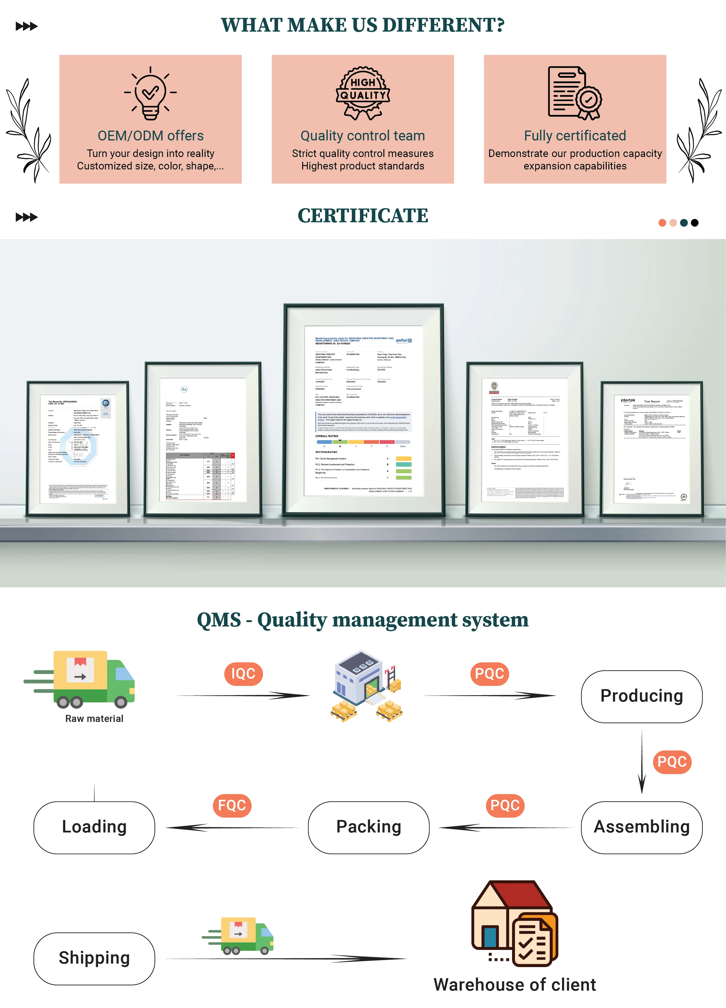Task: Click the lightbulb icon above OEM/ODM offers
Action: point(150,93)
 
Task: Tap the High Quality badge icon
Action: point(363,93)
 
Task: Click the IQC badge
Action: point(243,674)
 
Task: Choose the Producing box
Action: point(642,696)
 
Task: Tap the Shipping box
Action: point(94,958)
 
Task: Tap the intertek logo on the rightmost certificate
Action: point(628,400)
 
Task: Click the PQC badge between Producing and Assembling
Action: point(672,762)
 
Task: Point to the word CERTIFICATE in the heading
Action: point(363,216)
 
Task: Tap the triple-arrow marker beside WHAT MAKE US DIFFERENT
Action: point(27,26)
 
